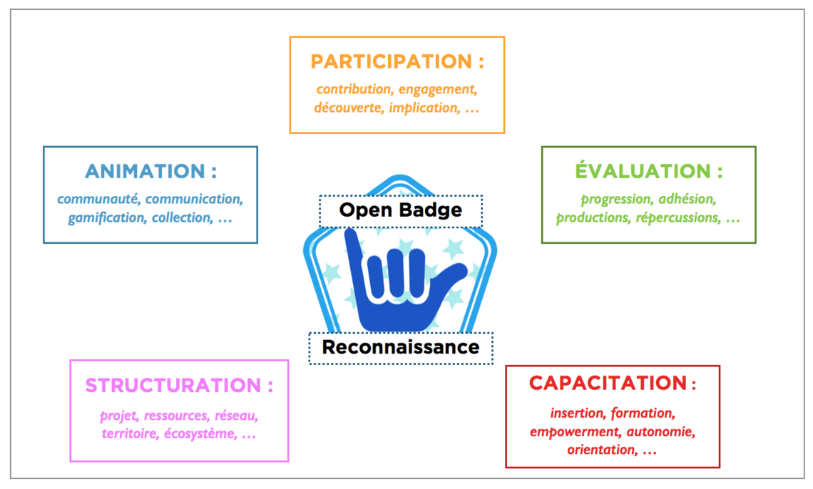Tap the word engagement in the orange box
(437, 89)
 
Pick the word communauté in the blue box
(98, 199)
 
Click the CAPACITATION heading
(607, 383)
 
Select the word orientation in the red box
(600, 450)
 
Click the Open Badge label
(400, 210)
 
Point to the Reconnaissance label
(400, 348)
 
